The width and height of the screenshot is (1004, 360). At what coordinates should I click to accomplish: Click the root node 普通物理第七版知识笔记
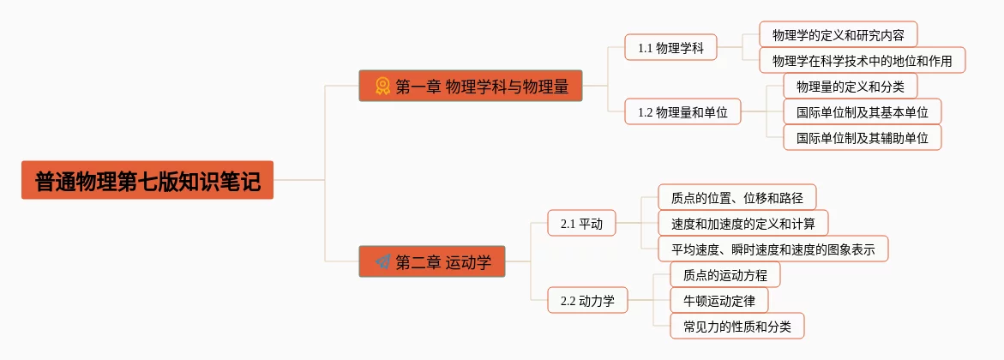(147, 180)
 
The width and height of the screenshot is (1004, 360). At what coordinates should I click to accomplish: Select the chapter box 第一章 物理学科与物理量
(470, 86)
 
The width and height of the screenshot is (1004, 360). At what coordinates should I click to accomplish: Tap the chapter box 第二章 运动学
(432, 261)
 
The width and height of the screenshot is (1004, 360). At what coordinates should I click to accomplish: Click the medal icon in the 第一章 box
(382, 86)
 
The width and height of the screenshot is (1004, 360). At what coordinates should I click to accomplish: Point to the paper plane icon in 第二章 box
(382, 261)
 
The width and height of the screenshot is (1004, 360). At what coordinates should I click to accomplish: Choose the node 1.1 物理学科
(670, 48)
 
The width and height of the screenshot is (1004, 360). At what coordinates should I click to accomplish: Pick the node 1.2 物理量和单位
(682, 111)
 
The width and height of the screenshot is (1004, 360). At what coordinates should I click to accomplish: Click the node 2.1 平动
(581, 224)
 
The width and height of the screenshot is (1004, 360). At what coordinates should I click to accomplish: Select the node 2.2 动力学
(587, 301)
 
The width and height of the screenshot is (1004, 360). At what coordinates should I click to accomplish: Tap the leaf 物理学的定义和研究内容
(838, 35)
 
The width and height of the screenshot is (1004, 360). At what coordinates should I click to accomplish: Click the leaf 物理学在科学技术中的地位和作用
(862, 61)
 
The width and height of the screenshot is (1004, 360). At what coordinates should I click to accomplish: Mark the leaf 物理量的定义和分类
(850, 87)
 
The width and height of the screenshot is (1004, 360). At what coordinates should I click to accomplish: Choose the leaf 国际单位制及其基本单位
(862, 111)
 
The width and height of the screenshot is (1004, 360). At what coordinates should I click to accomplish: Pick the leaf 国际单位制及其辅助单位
(862, 137)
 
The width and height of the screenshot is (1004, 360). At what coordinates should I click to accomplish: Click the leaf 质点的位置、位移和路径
(736, 198)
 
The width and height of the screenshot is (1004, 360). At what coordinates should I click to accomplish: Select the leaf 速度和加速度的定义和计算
(742, 224)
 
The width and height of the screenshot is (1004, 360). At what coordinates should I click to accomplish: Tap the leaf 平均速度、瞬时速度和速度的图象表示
(773, 249)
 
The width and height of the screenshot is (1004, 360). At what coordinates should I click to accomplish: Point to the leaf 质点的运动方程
(724, 275)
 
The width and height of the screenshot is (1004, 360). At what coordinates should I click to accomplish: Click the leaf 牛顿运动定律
(718, 301)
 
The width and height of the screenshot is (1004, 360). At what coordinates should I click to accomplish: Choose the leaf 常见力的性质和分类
(736, 327)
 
